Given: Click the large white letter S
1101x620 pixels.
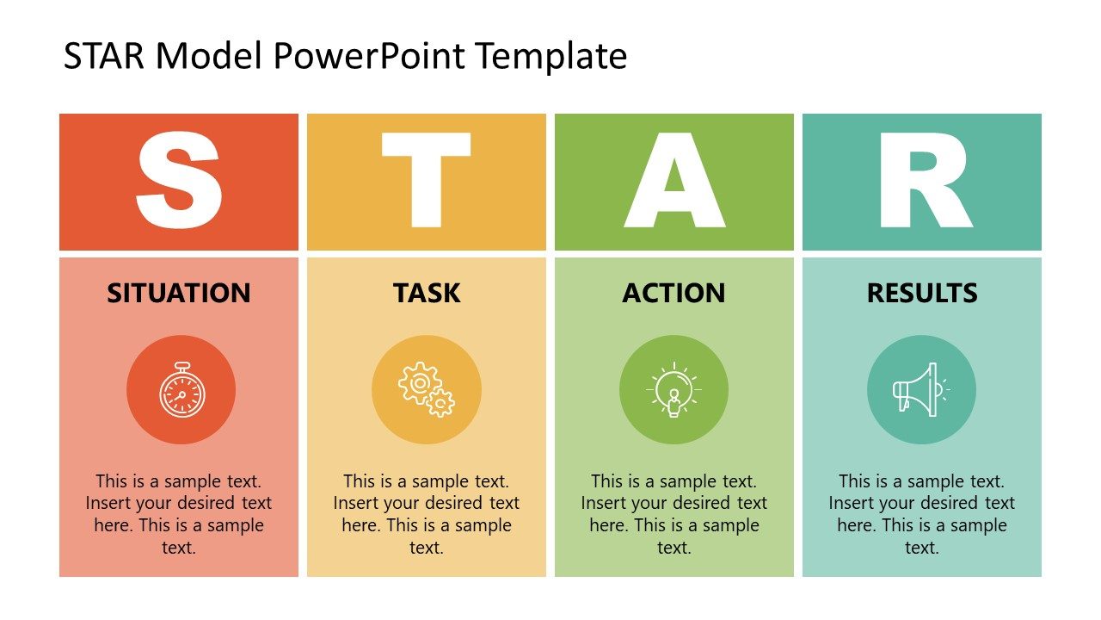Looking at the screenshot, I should click(x=179, y=182).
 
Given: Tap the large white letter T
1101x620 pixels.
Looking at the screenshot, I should click(x=427, y=182).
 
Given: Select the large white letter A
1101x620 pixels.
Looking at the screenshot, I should click(x=674, y=182).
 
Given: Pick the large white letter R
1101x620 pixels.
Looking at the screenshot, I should click(x=922, y=182).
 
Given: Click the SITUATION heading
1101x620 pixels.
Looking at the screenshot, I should click(x=179, y=293).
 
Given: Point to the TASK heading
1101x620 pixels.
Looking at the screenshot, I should click(x=427, y=293).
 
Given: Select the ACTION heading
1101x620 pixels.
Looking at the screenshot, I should click(x=674, y=293).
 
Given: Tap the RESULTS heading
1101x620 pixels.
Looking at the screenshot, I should click(x=922, y=293).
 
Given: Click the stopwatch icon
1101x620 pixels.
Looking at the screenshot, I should click(x=181, y=390).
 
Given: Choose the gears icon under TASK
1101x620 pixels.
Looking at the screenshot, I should click(x=427, y=390).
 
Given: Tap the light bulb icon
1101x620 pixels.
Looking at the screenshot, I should click(x=674, y=390).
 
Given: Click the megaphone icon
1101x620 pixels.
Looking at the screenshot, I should click(x=920, y=390).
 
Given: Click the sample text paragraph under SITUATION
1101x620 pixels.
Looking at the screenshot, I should click(x=179, y=514).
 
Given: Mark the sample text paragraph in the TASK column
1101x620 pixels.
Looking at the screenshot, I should click(x=427, y=514).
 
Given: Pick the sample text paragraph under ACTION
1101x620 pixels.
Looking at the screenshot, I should click(x=674, y=514).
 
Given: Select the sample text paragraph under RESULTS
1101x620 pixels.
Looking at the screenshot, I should click(x=922, y=514).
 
